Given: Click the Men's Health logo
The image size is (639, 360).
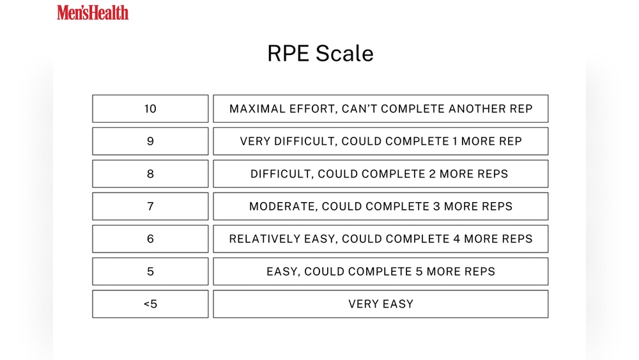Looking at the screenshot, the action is pyautogui.click(x=93, y=12).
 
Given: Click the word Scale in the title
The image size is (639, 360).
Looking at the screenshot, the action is pyautogui.click(x=344, y=54).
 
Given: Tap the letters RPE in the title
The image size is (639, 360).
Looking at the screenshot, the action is pyautogui.click(x=288, y=54).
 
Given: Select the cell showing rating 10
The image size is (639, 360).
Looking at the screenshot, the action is pyautogui.click(x=150, y=109).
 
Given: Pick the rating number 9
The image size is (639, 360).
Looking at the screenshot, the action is pyautogui.click(x=150, y=141).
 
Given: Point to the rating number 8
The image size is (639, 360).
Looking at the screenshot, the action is pyautogui.click(x=150, y=174).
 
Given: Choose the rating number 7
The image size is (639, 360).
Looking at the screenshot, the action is pyautogui.click(x=150, y=207).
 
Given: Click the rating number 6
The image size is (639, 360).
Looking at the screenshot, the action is pyautogui.click(x=150, y=239).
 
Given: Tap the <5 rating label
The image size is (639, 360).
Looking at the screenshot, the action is pyautogui.click(x=150, y=304).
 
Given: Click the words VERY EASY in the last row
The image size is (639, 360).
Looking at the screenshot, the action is pyautogui.click(x=381, y=304).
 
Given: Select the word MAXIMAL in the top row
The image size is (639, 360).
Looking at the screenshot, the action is pyautogui.click(x=258, y=109).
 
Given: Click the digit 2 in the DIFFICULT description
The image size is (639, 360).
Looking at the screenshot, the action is pyautogui.click(x=433, y=174).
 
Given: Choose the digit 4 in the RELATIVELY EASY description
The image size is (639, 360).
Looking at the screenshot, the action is pyautogui.click(x=457, y=239).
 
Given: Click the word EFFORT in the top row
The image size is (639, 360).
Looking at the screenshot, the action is pyautogui.click(x=313, y=109).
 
